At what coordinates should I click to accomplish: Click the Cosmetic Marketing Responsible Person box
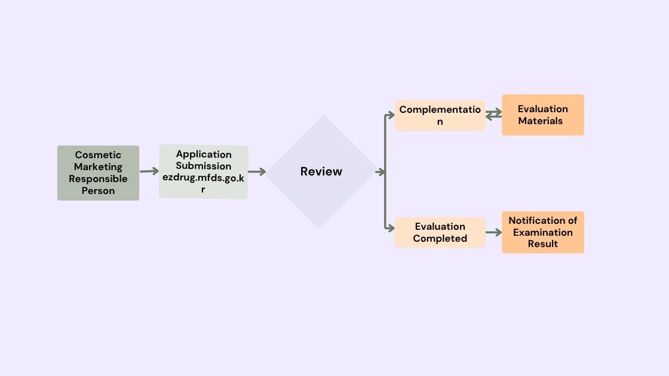click(x=98, y=173)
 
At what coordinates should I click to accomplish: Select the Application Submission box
click(x=203, y=172)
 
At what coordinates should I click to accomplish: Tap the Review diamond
click(x=321, y=172)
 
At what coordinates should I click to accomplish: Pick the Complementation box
click(x=440, y=115)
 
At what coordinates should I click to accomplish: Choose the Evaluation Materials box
click(x=542, y=115)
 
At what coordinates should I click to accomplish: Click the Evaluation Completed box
click(x=440, y=232)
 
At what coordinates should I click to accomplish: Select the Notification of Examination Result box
click(x=542, y=232)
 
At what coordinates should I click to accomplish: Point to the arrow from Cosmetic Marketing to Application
click(x=149, y=171)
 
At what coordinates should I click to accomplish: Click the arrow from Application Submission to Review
click(x=257, y=172)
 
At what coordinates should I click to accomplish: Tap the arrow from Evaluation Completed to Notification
click(x=493, y=232)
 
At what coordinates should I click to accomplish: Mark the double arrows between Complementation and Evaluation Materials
click(x=493, y=115)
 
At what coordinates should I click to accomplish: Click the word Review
click(x=321, y=172)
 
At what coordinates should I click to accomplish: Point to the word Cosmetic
click(x=98, y=155)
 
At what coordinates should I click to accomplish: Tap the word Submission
click(x=203, y=166)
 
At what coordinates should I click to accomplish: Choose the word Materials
click(x=541, y=121)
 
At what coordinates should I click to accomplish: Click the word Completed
click(x=440, y=239)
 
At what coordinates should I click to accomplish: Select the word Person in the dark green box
click(x=98, y=191)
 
